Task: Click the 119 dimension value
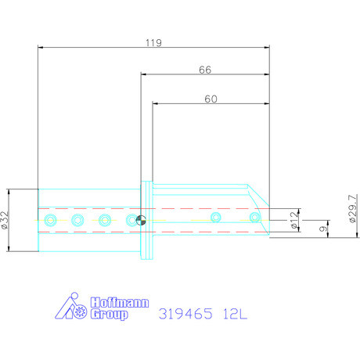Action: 153,45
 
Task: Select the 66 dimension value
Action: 205,70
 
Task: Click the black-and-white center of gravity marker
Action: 141,220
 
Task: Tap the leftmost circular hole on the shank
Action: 51,219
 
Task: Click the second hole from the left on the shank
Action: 77,219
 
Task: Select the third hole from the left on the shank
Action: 104,219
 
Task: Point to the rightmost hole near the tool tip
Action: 254,216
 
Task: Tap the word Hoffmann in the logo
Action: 118,302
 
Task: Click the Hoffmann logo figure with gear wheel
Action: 75,308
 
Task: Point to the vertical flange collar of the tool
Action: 146,221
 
